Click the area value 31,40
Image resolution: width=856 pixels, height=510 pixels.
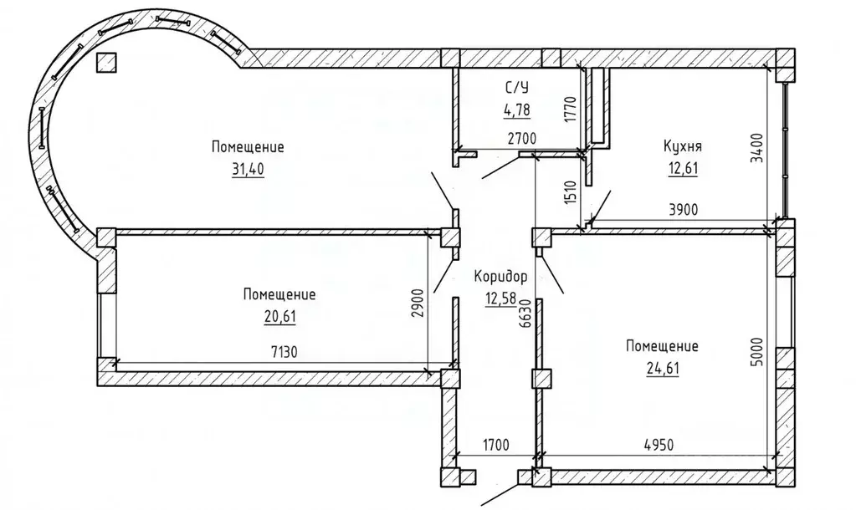coord(249,170)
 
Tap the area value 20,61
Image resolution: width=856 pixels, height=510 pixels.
coord(280,317)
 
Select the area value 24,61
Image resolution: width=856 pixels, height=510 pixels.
coord(663,369)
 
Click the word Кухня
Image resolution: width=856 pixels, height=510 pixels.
coord(683,146)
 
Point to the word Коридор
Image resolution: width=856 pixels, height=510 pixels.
coord(500,277)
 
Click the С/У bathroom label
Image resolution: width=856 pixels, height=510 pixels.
coord(516,87)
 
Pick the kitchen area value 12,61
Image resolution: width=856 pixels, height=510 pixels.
coord(683,169)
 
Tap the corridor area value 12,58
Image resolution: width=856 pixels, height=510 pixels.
coord(500,298)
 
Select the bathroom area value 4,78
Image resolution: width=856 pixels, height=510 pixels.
coord(516,110)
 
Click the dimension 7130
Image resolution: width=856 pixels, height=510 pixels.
coord(284,352)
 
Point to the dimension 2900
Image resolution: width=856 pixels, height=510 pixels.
coord(420,318)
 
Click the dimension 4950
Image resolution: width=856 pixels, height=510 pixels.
coord(659,445)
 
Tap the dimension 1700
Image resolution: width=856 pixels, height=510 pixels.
coord(495,445)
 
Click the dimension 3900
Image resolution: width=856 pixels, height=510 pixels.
coord(684,210)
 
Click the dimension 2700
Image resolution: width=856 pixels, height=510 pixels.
coord(522,139)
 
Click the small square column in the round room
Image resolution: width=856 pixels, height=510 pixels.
coord(106,63)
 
